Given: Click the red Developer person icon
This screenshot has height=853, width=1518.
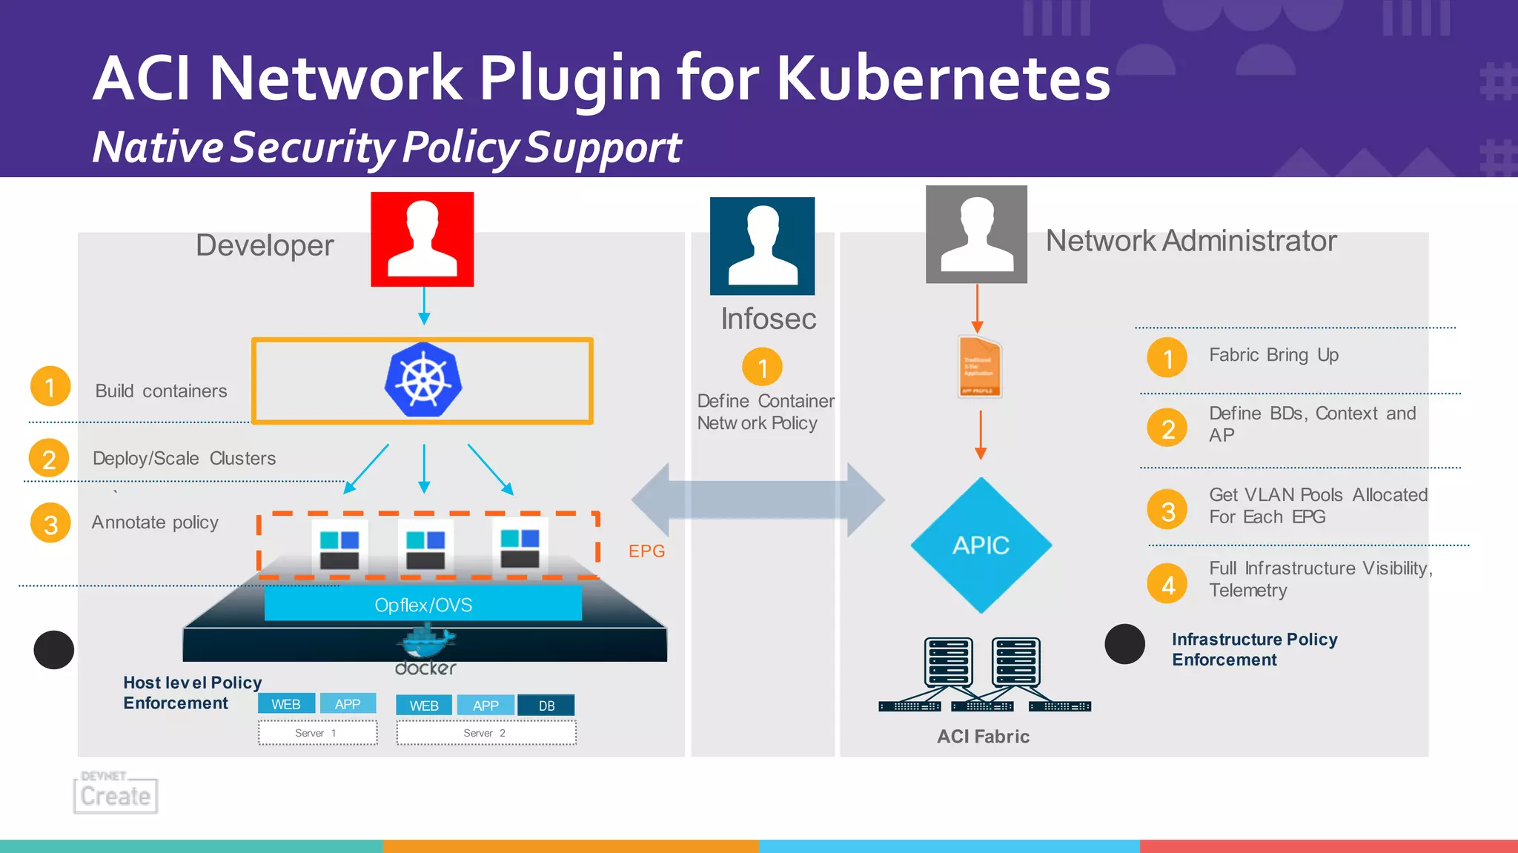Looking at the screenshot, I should click(x=422, y=239).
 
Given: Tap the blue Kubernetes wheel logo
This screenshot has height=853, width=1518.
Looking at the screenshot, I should click(x=423, y=379).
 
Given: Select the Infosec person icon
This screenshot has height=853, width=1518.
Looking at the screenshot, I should click(x=762, y=245).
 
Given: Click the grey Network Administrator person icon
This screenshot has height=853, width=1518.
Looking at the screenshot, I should click(x=976, y=234).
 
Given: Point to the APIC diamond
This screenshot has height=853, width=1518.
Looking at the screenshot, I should click(x=981, y=545).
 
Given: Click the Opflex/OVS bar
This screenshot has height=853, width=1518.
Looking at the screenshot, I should click(x=422, y=604).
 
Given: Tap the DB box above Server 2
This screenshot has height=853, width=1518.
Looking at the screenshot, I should click(x=546, y=705).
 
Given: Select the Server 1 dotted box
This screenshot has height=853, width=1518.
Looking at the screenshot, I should click(x=317, y=733).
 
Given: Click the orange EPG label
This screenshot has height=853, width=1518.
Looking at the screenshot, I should click(x=646, y=551).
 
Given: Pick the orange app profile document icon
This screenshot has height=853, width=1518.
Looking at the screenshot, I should click(x=979, y=368).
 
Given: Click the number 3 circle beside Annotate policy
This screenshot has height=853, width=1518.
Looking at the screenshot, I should click(x=50, y=523).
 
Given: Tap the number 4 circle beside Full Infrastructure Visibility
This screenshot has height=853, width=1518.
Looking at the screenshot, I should click(x=1167, y=584).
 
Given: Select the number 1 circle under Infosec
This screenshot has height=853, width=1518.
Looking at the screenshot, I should click(x=762, y=367).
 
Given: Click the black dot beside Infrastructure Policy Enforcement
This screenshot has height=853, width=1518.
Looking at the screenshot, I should click(x=1124, y=644).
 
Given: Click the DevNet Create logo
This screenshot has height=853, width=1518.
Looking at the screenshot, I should click(x=116, y=792).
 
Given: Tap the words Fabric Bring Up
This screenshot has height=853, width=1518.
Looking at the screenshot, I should click(x=1273, y=355).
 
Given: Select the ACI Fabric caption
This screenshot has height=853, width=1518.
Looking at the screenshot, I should click(x=983, y=736).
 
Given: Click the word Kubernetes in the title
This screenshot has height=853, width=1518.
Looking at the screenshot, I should click(x=943, y=79).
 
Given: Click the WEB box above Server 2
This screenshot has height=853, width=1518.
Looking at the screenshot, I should click(x=424, y=705).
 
